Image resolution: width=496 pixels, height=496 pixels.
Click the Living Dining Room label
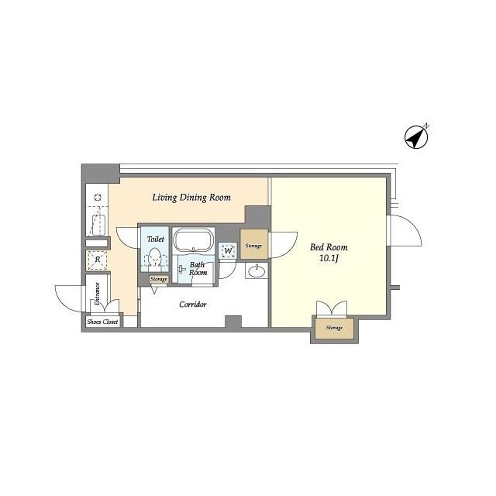(191, 198)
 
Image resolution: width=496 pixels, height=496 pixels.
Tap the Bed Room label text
(329, 247)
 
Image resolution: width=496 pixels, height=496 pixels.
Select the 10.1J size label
(329, 258)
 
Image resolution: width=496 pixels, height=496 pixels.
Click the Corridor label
(193, 305)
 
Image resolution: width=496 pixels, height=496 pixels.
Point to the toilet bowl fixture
(155, 257)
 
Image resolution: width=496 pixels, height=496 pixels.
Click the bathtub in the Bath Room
(193, 239)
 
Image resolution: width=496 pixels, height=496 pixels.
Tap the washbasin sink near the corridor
(257, 271)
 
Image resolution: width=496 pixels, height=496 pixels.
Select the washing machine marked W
(228, 251)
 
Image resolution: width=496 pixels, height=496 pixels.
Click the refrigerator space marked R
(98, 260)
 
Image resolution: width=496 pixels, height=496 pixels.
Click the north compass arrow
(416, 137)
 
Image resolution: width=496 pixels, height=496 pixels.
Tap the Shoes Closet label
(102, 322)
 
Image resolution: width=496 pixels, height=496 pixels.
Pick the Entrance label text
(98, 294)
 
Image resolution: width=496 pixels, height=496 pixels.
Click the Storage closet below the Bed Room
(334, 329)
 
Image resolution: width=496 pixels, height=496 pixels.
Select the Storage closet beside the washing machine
(253, 245)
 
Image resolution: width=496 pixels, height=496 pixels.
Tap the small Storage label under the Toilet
(158, 279)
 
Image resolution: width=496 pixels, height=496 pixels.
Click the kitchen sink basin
(98, 225)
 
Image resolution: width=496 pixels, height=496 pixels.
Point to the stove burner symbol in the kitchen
(98, 197)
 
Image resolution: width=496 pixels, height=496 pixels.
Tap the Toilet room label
(156, 239)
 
